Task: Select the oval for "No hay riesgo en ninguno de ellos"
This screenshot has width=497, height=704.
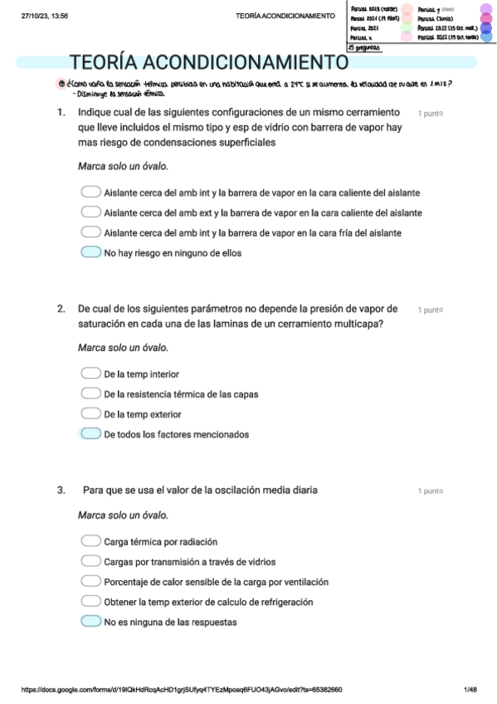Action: point(90,252)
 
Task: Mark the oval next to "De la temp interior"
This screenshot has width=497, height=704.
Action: point(90,374)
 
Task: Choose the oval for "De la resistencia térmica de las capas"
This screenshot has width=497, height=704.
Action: point(90,394)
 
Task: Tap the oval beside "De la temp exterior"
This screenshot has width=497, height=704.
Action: point(90,413)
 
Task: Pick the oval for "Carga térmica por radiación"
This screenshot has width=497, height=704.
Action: point(90,541)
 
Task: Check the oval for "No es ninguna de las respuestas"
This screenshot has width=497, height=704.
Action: point(90,621)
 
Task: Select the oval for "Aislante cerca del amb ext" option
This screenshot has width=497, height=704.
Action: point(90,213)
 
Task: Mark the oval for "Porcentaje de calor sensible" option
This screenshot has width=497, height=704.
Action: point(90,581)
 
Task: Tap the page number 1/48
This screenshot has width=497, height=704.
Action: point(470,689)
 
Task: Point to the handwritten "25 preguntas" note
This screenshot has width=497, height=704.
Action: point(365,48)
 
